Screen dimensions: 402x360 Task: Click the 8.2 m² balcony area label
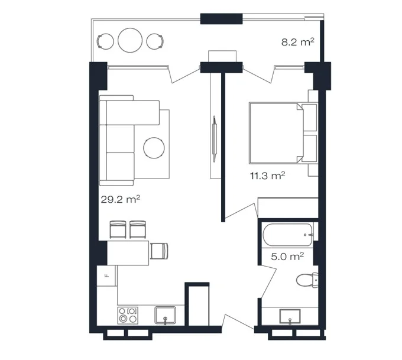click(297, 42)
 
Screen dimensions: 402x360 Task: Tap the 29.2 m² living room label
click(120, 199)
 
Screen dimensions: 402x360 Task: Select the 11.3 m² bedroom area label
click(267, 176)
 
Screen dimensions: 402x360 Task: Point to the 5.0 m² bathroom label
click(287, 256)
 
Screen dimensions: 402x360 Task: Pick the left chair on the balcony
click(105, 41)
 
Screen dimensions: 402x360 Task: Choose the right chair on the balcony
click(155, 41)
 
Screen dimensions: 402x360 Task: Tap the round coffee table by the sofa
click(154, 148)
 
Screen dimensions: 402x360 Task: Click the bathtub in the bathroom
click(288, 235)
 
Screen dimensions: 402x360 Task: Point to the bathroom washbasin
click(290, 317)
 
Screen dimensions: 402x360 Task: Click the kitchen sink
click(166, 315)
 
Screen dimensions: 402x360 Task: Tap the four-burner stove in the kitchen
click(128, 315)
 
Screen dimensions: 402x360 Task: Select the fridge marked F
click(106, 275)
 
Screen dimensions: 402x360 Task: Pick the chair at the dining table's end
click(159, 251)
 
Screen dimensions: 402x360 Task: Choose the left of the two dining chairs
click(118, 229)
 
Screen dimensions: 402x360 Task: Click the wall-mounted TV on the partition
click(215, 139)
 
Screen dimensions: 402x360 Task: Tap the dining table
click(128, 253)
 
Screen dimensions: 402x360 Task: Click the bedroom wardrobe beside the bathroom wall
click(288, 207)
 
